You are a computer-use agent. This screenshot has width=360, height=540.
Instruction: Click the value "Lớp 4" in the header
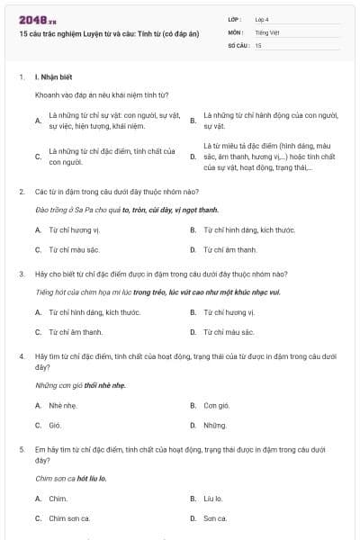[x=263, y=19]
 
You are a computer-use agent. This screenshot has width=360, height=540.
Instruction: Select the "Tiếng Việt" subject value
[x=267, y=31]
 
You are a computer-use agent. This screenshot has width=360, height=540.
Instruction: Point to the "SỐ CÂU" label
[x=238, y=44]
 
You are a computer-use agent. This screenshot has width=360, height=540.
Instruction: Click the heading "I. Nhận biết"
[x=55, y=77]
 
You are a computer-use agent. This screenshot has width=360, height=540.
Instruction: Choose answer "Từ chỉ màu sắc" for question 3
[x=229, y=332]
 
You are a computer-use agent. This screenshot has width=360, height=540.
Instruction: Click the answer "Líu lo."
[x=213, y=498]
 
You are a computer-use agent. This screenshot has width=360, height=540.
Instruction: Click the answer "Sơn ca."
[x=215, y=517]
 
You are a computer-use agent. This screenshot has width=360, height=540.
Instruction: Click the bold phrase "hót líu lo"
[x=91, y=478]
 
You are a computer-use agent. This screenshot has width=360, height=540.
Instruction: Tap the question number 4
[x=22, y=356]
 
